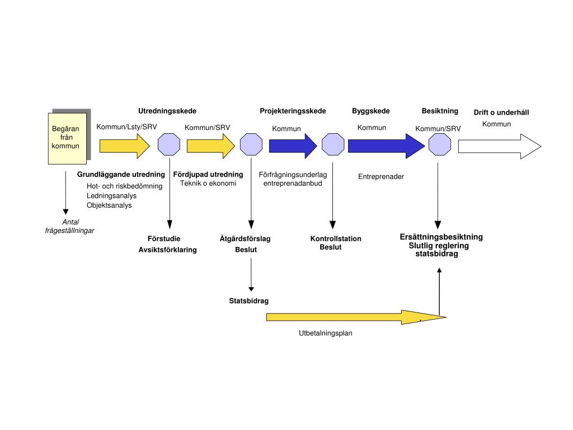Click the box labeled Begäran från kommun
coord(67,138)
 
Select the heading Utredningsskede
coord(167,111)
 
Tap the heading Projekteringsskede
coord(293,111)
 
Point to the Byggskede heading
coord(370,111)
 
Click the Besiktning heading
coord(440,111)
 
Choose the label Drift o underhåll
coord(501,113)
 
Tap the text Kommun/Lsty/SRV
coord(126,127)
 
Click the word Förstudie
coord(164,239)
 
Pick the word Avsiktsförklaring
coord(167,250)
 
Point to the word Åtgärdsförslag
coord(245,239)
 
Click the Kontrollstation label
coord(336,239)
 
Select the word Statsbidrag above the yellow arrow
coord(248,301)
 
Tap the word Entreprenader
coord(381,177)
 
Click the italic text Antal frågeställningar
coord(70,226)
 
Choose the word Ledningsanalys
coord(111,196)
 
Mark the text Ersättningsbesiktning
coord(441,237)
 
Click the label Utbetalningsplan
coord(325,333)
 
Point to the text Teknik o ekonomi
coord(208,184)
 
